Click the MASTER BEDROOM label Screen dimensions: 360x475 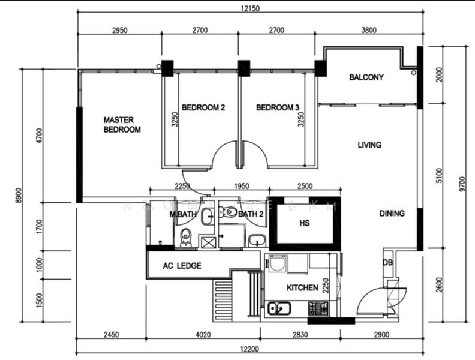[x=122, y=124]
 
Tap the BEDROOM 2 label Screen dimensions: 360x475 [x=203, y=108]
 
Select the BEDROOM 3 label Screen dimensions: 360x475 [x=278, y=108]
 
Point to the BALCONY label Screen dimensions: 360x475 [x=366, y=77]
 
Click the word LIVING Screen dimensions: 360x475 [x=369, y=145]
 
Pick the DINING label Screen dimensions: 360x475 [x=392, y=213]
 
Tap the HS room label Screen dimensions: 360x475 [x=304, y=223]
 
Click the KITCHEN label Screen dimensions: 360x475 [x=302, y=288]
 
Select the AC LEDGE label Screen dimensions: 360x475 [x=182, y=266]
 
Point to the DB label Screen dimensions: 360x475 [x=389, y=262]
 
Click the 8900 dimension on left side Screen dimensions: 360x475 [x=18, y=196]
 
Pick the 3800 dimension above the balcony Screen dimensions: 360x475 [x=369, y=31]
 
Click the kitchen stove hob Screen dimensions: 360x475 [x=317, y=308]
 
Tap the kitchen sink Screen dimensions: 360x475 [x=279, y=309]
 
